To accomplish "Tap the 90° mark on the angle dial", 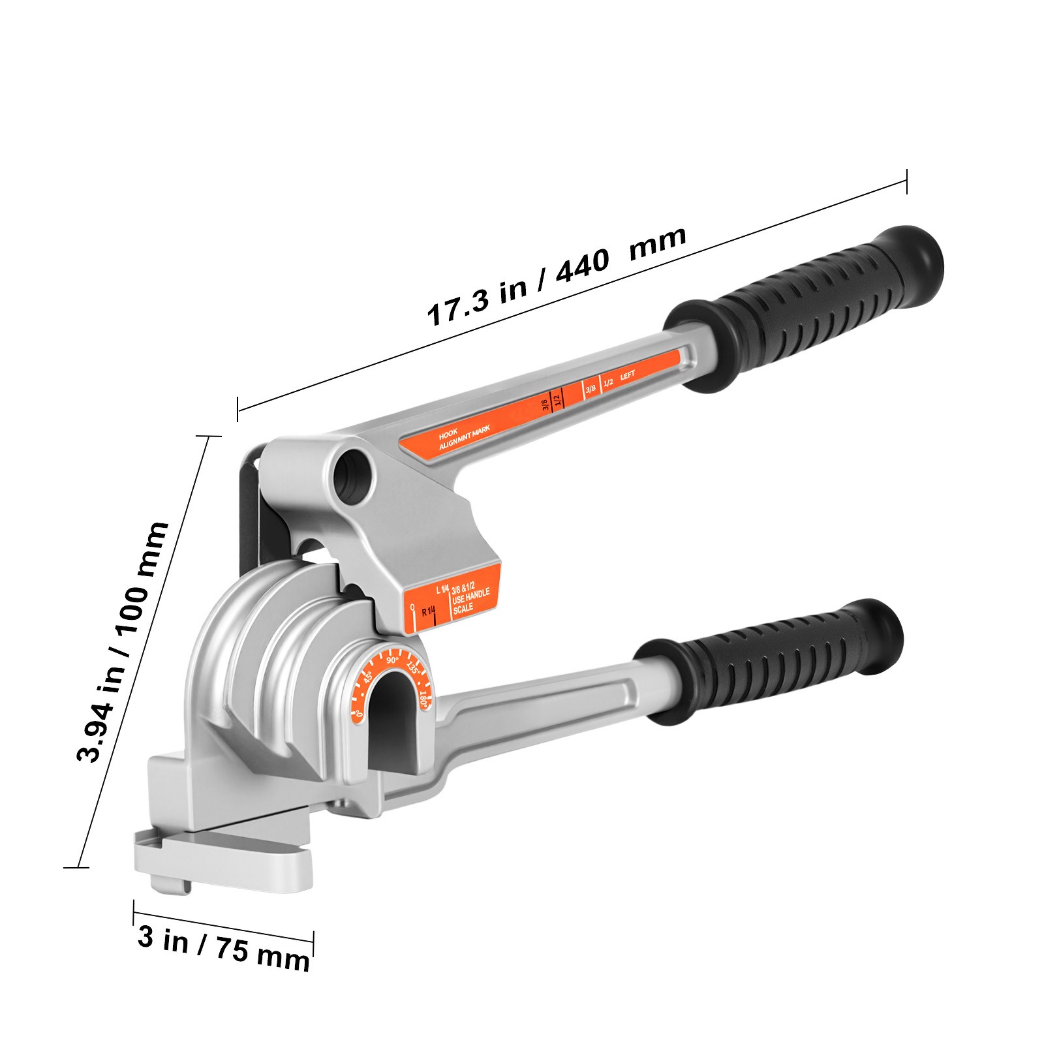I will [391, 660].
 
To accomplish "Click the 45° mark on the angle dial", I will [368, 677].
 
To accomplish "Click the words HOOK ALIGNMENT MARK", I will [463, 437].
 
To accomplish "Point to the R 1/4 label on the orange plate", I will [427, 612].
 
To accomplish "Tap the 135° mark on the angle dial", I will [412, 668].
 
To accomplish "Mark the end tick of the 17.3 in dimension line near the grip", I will [906, 181].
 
